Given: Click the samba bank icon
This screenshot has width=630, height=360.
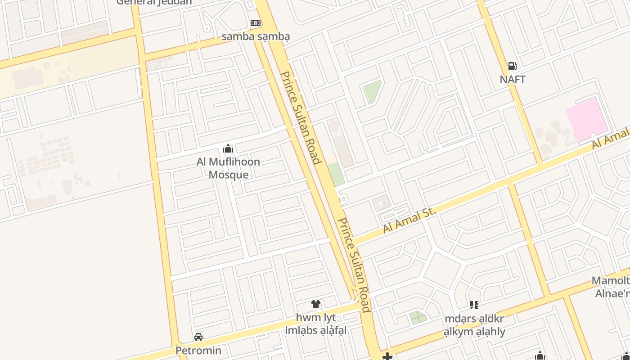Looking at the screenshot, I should (x=255, y=23).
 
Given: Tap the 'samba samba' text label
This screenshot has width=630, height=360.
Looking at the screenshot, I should (x=256, y=36).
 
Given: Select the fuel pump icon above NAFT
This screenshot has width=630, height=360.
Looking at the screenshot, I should (x=512, y=66).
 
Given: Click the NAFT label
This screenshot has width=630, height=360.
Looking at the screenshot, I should (x=513, y=80).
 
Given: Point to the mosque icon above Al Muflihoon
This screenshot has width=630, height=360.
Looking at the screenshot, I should (x=228, y=148).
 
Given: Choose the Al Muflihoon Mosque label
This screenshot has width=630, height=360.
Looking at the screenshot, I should (x=228, y=168).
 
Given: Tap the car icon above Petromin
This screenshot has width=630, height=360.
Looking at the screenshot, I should (x=198, y=337).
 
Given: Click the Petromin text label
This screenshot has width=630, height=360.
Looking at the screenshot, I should (x=198, y=351).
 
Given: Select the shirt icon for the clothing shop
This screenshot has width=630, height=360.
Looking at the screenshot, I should (x=316, y=304).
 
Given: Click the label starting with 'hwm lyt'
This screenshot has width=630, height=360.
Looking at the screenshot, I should (x=316, y=324).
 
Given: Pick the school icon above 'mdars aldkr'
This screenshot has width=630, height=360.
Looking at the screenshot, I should (x=474, y=305).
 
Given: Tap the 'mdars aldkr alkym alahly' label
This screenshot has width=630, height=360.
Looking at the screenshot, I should (x=474, y=325).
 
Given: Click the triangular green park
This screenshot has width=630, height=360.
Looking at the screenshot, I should (x=372, y=90).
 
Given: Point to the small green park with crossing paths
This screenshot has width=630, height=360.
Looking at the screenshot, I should (x=418, y=318).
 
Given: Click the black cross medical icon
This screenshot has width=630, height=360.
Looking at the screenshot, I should (x=387, y=357).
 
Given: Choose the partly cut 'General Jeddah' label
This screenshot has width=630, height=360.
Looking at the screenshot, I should (x=154, y=2).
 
